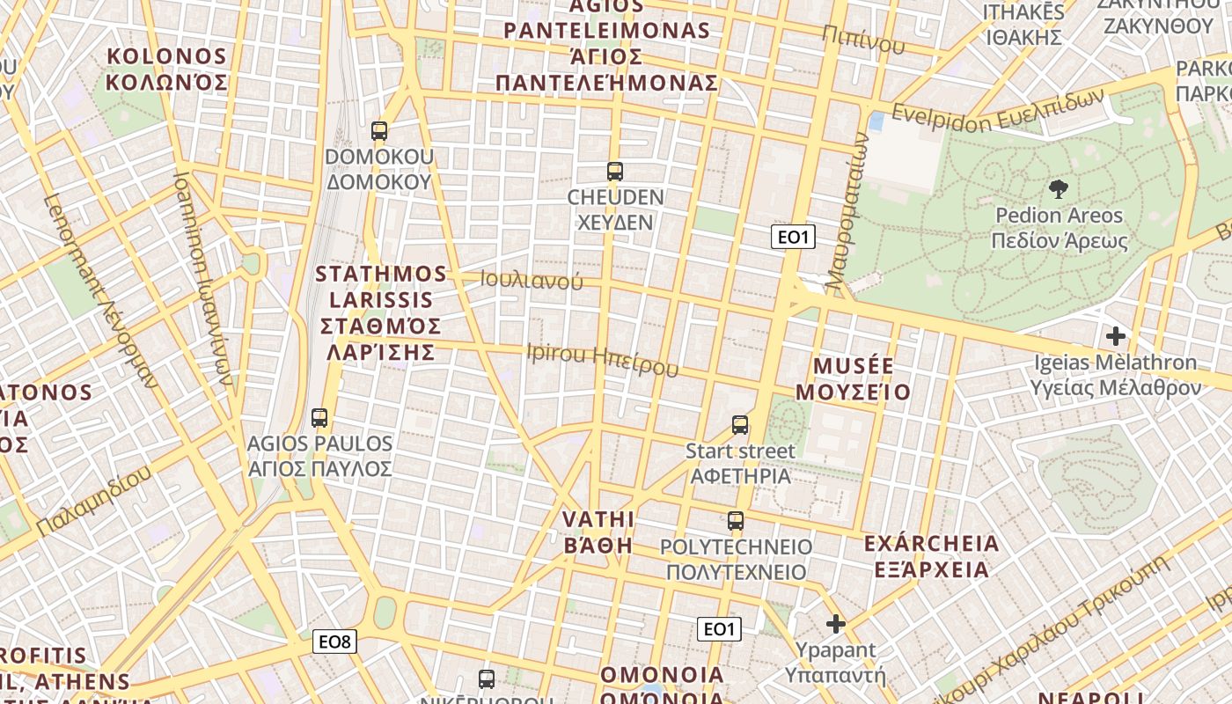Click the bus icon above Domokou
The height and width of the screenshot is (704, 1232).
tap(379, 131)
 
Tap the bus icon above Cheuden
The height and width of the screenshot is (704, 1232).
tap(615, 172)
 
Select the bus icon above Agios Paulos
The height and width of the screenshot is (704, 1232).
tap(319, 418)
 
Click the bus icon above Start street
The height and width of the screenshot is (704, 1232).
tap(740, 425)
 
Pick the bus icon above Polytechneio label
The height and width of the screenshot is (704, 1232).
tap(736, 520)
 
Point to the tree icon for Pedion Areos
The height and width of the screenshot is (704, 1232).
tap(1058, 188)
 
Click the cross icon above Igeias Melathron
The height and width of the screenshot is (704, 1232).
tap(1116, 335)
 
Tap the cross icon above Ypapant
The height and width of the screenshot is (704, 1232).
tap(835, 624)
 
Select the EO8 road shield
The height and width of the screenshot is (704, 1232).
tap(334, 642)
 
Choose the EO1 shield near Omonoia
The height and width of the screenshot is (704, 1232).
tap(719, 628)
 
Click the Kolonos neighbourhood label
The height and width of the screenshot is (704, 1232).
tap(166, 70)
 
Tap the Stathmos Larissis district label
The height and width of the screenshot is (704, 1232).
tap(381, 312)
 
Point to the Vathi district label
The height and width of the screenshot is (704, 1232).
tap(598, 531)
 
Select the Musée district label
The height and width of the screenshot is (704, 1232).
tap(854, 378)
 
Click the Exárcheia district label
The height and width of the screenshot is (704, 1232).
tap(932, 556)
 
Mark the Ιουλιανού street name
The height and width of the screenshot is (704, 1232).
tap(532, 281)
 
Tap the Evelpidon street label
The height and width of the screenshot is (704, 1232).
tap(997, 109)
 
